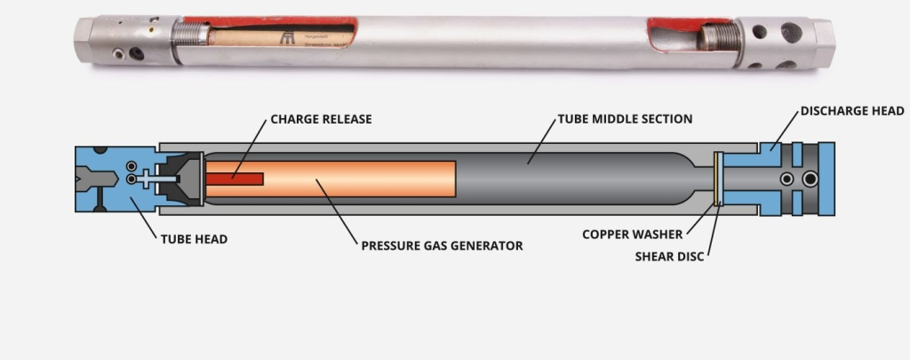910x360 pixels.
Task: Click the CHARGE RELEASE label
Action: click(321, 118)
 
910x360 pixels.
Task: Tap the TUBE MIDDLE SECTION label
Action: click(625, 118)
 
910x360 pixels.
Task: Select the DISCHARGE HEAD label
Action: click(851, 111)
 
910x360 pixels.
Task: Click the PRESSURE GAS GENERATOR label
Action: click(442, 245)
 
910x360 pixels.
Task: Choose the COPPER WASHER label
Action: click(633, 235)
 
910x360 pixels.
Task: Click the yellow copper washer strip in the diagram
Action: click(717, 179)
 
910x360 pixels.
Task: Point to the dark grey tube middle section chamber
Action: click(578, 179)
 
